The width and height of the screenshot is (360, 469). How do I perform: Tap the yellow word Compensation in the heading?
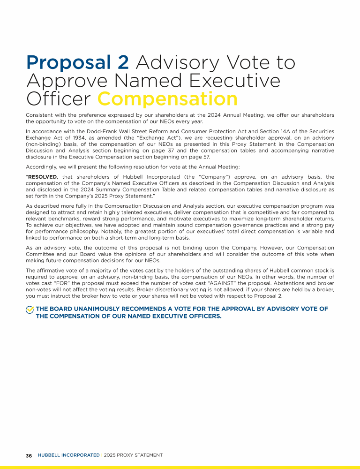coord(167,99)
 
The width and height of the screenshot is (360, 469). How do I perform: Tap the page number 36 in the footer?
coord(29,455)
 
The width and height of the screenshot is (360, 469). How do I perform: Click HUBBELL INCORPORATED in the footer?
coord(68,455)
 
